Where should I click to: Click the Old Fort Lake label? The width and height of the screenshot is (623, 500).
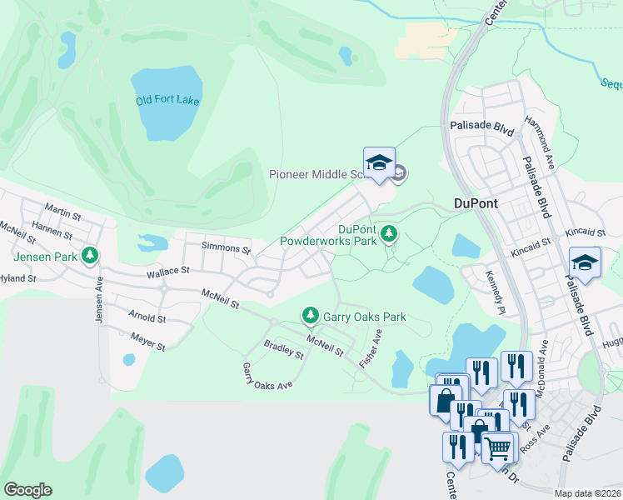167,101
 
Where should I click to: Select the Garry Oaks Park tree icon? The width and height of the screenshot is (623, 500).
310,315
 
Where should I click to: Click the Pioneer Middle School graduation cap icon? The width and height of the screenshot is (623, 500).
379,162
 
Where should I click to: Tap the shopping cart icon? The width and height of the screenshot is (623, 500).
498,447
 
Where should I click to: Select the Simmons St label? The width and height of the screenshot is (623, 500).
227,248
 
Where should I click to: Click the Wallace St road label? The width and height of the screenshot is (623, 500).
168,270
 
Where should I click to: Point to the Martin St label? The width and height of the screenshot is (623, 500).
62,212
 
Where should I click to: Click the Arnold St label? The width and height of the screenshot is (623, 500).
148,317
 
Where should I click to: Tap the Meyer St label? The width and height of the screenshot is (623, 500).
148,342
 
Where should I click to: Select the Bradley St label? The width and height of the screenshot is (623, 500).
283,348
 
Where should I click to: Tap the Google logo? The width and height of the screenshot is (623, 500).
27,490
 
